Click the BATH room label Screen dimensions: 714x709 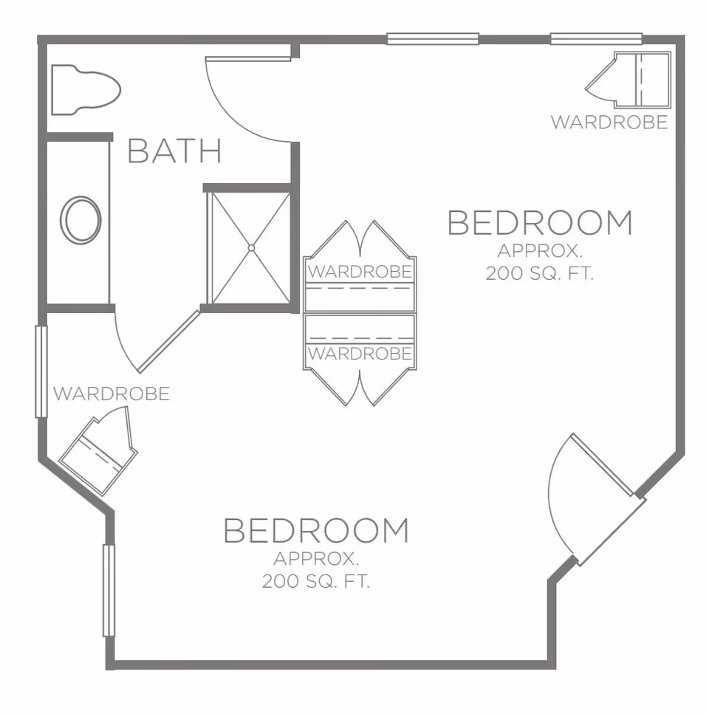[174, 151]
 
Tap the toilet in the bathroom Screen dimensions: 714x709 [84, 90]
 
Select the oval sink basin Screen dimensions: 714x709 [81, 220]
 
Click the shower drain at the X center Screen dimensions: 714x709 [251, 248]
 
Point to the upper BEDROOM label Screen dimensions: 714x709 [540, 223]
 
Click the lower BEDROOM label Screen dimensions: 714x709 [315, 531]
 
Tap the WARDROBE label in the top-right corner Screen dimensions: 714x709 [609, 123]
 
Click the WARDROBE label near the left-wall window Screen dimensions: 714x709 [112, 394]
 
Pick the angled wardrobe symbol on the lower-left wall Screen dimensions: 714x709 [98, 452]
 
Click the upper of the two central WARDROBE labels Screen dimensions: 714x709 [360, 272]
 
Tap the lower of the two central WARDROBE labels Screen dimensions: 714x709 [360, 354]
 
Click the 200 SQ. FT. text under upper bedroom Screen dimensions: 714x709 [540, 273]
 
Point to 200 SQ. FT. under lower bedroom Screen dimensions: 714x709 [316, 582]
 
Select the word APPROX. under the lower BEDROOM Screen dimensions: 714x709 [316, 557]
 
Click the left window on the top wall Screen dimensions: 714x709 [433, 39]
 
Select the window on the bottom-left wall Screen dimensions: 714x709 [109, 590]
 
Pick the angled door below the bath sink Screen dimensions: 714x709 [168, 341]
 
